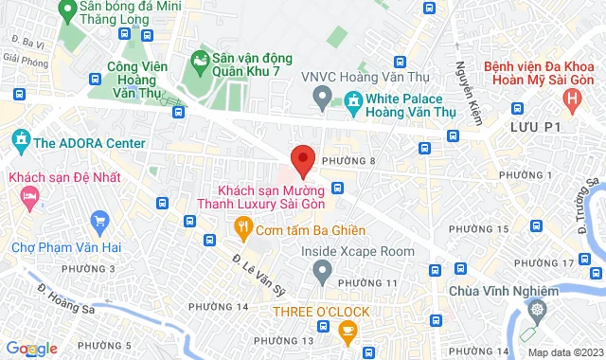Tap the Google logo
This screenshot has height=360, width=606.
point(30,350)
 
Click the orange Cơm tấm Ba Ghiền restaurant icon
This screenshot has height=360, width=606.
point(243,226)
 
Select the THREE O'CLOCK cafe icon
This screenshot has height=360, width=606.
point(347,329)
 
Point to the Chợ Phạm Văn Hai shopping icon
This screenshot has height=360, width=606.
point(100,225)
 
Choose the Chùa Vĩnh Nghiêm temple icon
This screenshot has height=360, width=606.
point(538,309)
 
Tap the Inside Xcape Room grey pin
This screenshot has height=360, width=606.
point(322,273)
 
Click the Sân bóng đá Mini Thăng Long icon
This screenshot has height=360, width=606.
point(66,11)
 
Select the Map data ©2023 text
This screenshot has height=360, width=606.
point(565,352)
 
